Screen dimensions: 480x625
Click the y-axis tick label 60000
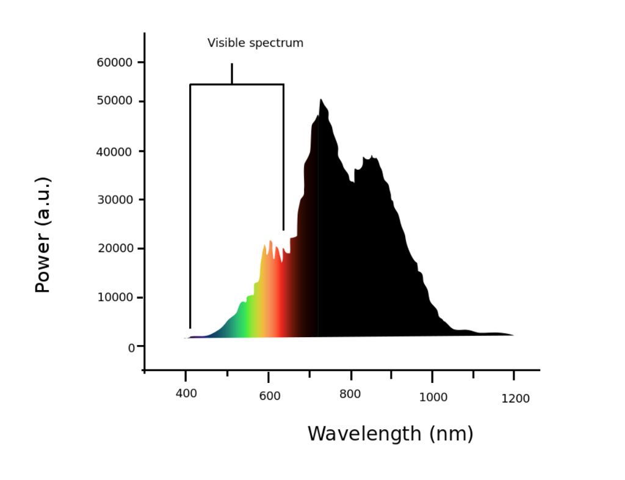point(114,62)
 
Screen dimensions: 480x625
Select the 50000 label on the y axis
point(114,101)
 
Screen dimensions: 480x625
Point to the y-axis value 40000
point(114,151)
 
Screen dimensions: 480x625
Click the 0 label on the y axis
point(132,347)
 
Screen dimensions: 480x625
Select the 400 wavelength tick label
point(186,394)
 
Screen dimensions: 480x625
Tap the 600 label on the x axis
point(270,396)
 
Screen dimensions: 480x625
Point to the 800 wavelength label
point(350,395)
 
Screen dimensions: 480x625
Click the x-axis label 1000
point(433,398)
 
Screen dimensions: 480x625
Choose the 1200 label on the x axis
point(516,399)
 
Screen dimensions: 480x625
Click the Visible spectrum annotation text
point(255,43)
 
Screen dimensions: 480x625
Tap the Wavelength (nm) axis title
point(391,434)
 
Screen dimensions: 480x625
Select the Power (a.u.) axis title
point(43,235)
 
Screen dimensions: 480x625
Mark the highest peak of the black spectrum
point(321,100)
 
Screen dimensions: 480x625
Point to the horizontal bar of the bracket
point(237,84)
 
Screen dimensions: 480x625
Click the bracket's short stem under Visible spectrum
point(232,73)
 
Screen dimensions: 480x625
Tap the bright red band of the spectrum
point(278,305)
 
